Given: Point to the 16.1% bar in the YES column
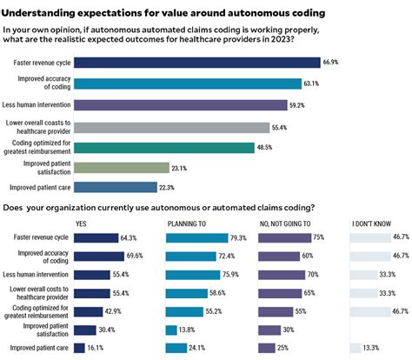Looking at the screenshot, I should pyautogui.click(x=79, y=347).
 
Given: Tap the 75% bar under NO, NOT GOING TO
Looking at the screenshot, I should pyautogui.click(x=283, y=237).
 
